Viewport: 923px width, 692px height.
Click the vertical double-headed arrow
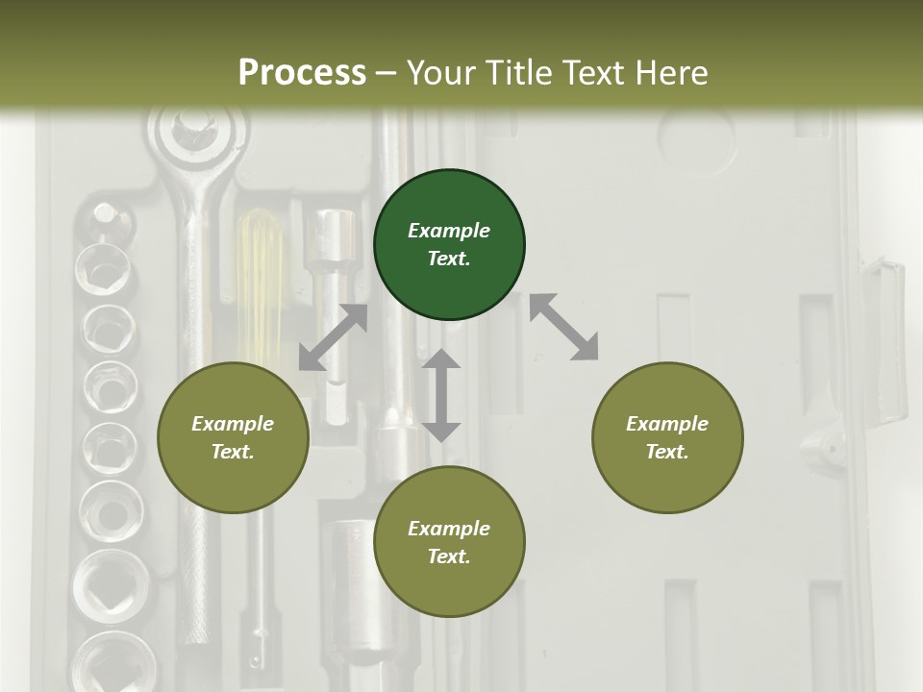pos(441,395)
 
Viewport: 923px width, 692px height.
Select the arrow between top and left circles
pos(333,337)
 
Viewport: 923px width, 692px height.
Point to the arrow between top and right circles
pos(563,327)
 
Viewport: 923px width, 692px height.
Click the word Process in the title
pos(302,72)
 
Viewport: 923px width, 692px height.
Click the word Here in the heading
pos(672,72)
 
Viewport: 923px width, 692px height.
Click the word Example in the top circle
pos(449,231)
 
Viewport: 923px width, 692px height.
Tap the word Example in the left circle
pos(233,424)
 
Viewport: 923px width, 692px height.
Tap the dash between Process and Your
pos(387,73)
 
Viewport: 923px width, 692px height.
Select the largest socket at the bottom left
pos(112,663)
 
